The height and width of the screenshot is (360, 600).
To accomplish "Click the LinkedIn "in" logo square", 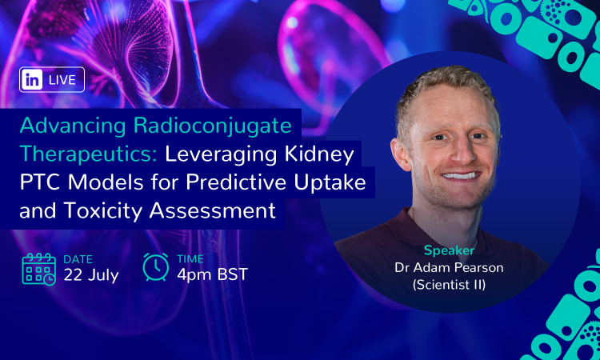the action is [32, 79].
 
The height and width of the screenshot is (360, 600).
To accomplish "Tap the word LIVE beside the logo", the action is [62, 80].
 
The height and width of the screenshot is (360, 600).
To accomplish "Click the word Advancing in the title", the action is [73, 126].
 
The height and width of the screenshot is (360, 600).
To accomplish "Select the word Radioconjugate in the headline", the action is [212, 126].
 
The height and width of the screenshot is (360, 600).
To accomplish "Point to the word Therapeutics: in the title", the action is [88, 154].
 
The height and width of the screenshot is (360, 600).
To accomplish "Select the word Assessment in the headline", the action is [213, 210].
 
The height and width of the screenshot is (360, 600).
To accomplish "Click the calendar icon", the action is [38, 270].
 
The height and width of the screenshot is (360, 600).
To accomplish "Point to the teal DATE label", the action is [78, 259].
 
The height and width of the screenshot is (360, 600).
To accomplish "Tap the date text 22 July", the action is [91, 275].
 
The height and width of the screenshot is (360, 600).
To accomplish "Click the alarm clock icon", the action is [156, 266].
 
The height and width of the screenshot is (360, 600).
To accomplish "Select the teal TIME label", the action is [190, 259].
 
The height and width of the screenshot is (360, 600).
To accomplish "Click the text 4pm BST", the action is [212, 274].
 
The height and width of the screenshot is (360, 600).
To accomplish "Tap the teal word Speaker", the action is [450, 251].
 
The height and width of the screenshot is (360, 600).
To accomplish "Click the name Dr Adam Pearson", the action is [449, 267].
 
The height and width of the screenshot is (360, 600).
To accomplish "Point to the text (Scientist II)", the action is [449, 285].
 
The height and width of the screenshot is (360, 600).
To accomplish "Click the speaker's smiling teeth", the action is [461, 176].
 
